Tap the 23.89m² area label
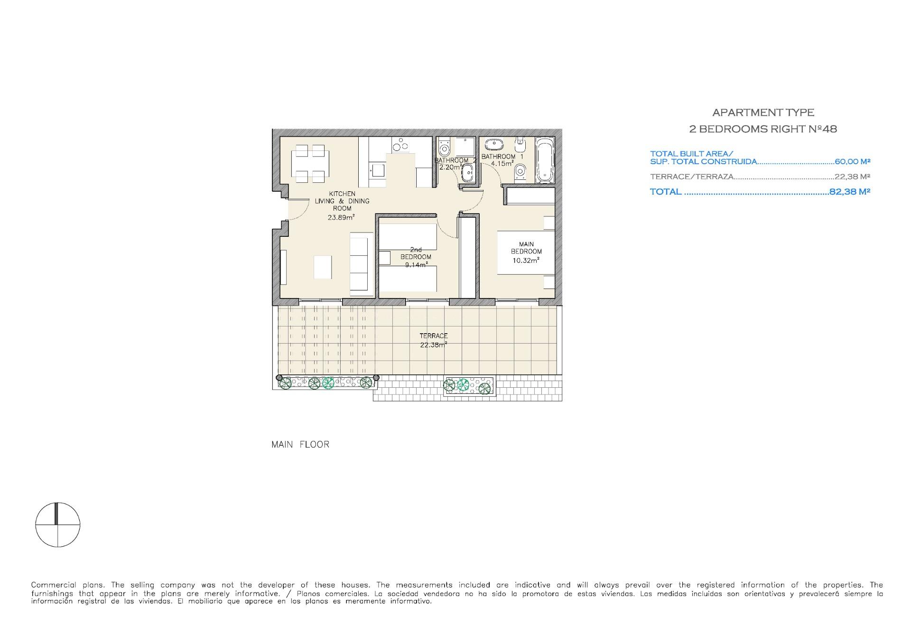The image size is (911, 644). [x=342, y=217]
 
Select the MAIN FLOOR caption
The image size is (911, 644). [x=300, y=445]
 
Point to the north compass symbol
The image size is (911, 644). [x=58, y=524]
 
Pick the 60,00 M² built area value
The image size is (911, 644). [x=852, y=161]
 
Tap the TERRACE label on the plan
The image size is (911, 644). [x=434, y=336]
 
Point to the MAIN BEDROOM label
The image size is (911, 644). [x=526, y=248]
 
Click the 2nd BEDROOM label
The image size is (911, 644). [x=416, y=253]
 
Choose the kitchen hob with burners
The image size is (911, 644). [x=400, y=144]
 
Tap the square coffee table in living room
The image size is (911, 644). [x=323, y=267]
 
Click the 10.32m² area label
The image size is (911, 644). [x=526, y=261]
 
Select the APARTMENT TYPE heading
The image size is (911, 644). [x=763, y=112]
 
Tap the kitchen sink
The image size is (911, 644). [x=378, y=169]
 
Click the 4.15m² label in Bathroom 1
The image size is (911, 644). [x=502, y=164]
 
